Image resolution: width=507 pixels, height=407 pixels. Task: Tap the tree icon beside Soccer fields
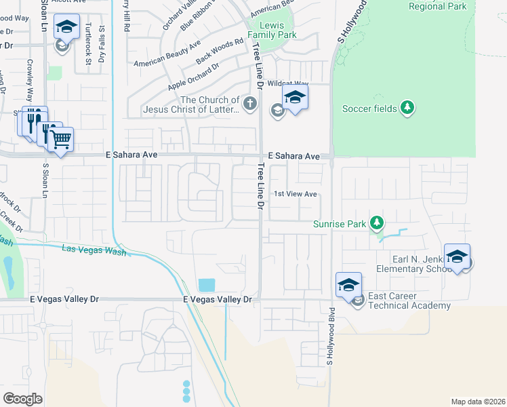click(x=407, y=108)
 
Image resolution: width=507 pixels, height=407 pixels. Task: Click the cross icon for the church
click(x=250, y=104)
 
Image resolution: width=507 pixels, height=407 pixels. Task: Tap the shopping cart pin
click(x=61, y=139)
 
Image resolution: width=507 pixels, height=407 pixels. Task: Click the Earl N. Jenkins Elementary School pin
click(x=457, y=257)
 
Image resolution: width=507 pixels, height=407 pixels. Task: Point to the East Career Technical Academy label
click(x=409, y=301)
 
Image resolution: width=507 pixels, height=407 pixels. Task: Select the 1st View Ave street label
click(x=296, y=194)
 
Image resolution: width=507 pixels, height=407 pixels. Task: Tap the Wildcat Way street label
click(x=283, y=83)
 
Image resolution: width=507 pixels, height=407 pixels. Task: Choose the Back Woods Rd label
click(x=219, y=52)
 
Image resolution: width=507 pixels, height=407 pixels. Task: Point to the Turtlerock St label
click(x=89, y=43)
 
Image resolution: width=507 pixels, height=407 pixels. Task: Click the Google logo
click(x=23, y=398)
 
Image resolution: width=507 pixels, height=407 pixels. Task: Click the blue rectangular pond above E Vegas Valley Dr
click(x=207, y=285)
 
